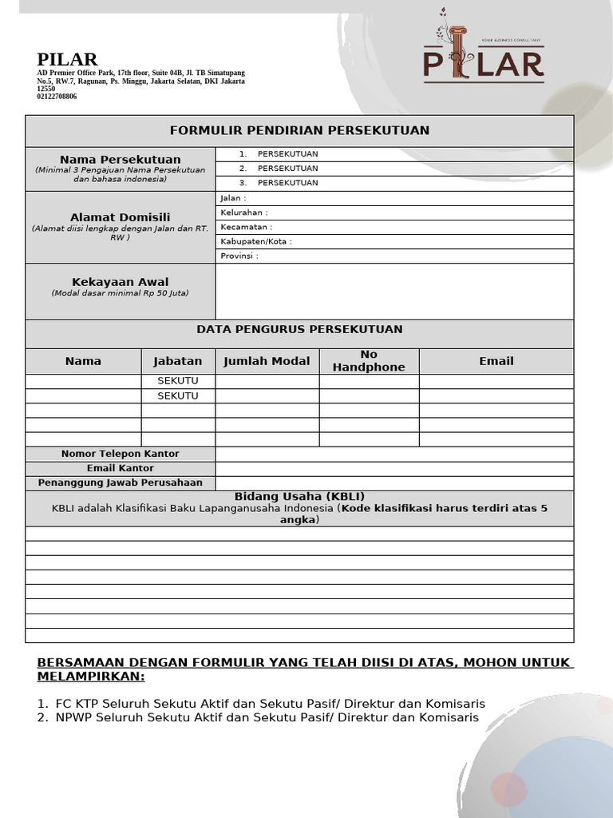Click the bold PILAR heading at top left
click(x=67, y=60)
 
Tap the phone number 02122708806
click(x=57, y=97)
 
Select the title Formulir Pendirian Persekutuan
click(x=299, y=130)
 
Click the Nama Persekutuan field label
click(x=120, y=160)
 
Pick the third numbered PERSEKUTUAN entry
click(x=287, y=183)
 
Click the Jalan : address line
click(x=233, y=198)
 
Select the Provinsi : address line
click(x=239, y=256)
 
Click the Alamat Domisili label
click(x=120, y=217)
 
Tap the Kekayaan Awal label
click(x=120, y=282)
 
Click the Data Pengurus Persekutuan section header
click(x=299, y=329)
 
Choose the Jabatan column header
click(x=177, y=361)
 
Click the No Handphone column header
click(x=369, y=361)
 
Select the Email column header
click(x=496, y=361)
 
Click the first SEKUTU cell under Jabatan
click(x=177, y=381)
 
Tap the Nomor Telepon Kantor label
click(x=120, y=454)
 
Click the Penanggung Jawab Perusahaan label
click(x=120, y=482)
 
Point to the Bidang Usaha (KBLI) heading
click(x=299, y=496)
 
